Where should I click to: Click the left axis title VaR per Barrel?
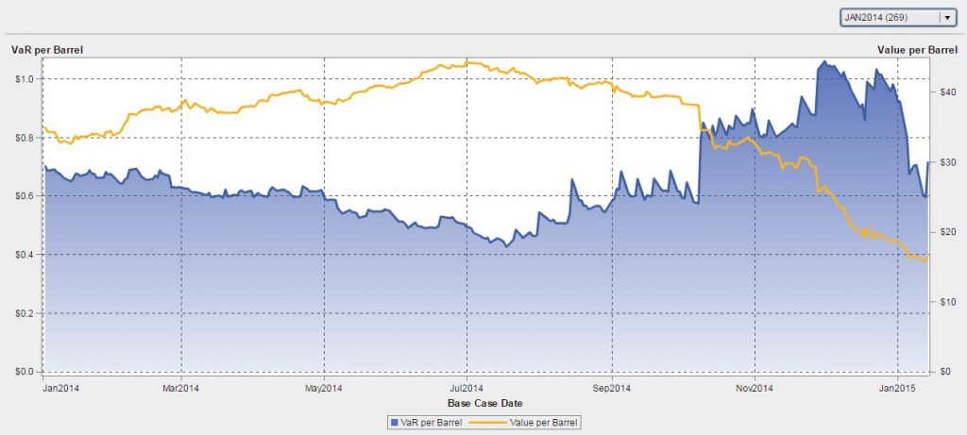pos(43,48)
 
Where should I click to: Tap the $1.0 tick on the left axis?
pos(25,78)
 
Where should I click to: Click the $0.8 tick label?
pos(25,137)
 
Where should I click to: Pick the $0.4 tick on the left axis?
pos(25,255)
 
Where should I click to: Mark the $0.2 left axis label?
pos(25,313)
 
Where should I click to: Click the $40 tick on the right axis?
pos(945,92)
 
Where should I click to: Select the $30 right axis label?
pos(945,162)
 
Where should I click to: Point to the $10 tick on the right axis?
pos(945,301)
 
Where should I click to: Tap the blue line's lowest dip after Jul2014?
pos(507,246)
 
